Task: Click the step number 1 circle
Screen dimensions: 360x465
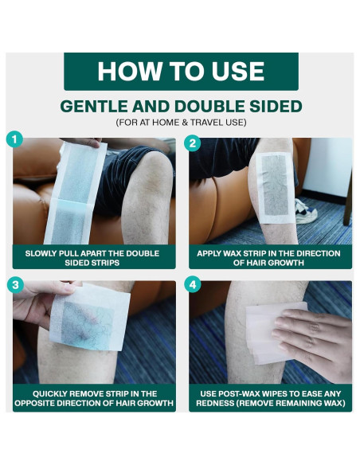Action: tap(14, 139)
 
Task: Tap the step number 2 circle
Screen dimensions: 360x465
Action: tap(192, 143)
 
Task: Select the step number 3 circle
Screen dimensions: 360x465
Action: tap(15, 285)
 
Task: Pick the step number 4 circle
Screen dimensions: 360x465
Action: tap(193, 285)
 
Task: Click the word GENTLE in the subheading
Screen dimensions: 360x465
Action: tap(94, 106)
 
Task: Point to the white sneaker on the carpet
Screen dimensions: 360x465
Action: tap(305, 212)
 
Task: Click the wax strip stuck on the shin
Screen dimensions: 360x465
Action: tap(275, 187)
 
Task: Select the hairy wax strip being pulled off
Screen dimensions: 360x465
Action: tap(90, 317)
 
